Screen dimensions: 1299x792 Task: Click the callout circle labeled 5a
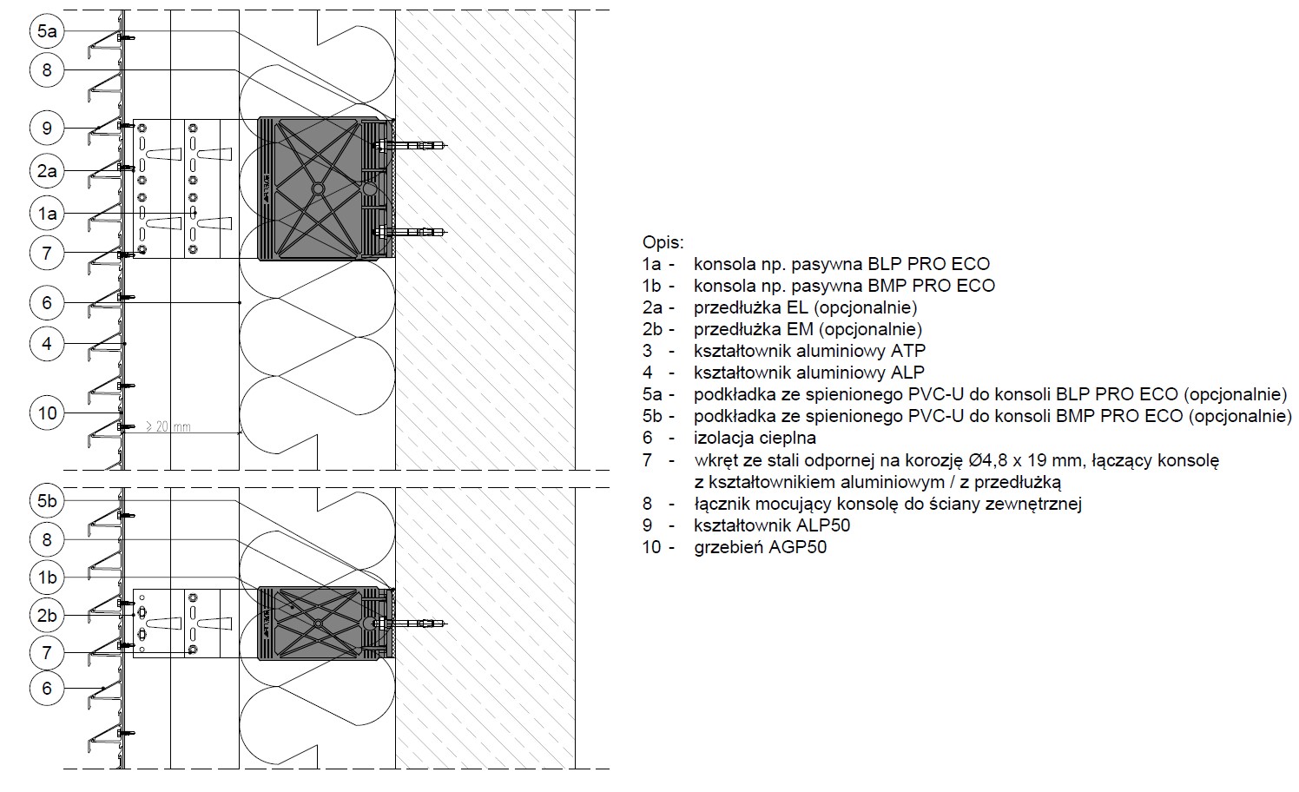pyautogui.click(x=47, y=30)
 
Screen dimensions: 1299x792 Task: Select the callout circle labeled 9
pyautogui.click(x=47, y=129)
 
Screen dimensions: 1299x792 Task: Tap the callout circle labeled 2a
pyautogui.click(x=47, y=171)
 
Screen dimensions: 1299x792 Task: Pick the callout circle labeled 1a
pyautogui.click(x=47, y=214)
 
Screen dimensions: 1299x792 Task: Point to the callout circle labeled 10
pyautogui.click(x=47, y=412)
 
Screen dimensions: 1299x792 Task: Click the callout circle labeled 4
pyautogui.click(x=47, y=344)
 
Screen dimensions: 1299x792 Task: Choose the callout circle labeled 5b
pyautogui.click(x=47, y=500)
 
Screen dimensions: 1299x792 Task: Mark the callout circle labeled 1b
pyautogui.click(x=47, y=577)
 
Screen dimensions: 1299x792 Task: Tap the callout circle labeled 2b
pyautogui.click(x=47, y=615)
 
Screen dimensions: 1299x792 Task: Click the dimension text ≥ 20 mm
pyautogui.click(x=168, y=426)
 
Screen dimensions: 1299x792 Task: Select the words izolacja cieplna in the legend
pyautogui.click(x=755, y=438)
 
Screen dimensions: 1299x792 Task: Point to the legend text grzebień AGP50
pyautogui.click(x=761, y=547)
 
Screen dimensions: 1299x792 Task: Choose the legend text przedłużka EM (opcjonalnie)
pyautogui.click(x=808, y=329)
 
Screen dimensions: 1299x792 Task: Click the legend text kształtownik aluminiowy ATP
pyautogui.click(x=809, y=351)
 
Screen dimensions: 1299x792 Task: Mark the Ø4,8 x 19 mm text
pyautogui.click(x=1026, y=460)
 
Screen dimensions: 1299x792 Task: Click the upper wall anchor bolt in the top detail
pyautogui.click(x=411, y=145)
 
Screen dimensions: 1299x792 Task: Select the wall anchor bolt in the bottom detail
pyautogui.click(x=411, y=624)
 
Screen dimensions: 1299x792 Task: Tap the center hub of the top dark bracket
pyautogui.click(x=318, y=189)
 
